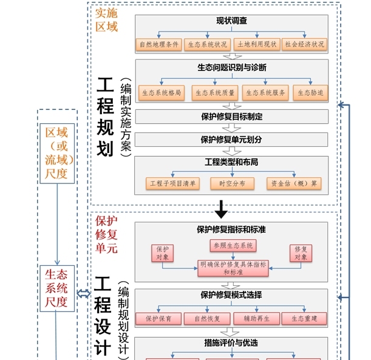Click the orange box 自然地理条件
pyautogui.click(x=160, y=44)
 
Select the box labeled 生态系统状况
pyautogui.click(x=208, y=44)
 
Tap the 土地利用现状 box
pyautogui.click(x=257, y=44)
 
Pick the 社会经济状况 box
pyautogui.click(x=305, y=44)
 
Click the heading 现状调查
pyautogui.click(x=232, y=21)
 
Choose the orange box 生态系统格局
pyautogui.click(x=162, y=92)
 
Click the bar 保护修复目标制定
pyautogui.click(x=232, y=116)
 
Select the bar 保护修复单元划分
pyautogui.click(x=232, y=139)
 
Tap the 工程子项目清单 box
pyautogui.click(x=172, y=183)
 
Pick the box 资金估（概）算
pyautogui.click(x=294, y=183)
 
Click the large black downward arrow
pyautogui.click(x=222, y=210)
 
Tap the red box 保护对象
pyautogui.click(x=163, y=253)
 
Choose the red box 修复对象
pyautogui.click(x=301, y=253)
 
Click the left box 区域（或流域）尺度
pyautogui.click(x=57, y=154)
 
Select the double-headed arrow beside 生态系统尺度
pyautogui.click(x=84, y=294)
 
